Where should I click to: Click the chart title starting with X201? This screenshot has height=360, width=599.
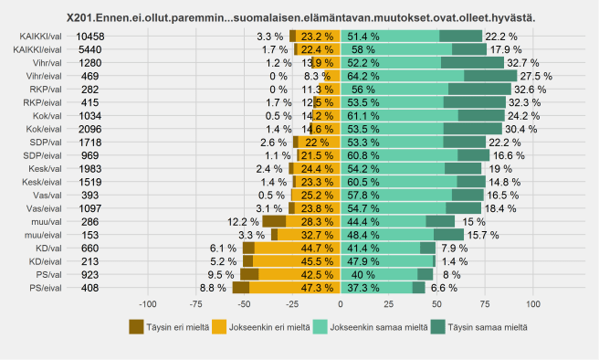[300, 17]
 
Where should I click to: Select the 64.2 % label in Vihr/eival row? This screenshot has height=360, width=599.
[368, 76]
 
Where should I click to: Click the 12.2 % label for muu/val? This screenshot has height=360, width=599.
[243, 221]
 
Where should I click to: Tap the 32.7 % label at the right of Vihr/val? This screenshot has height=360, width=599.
[523, 62]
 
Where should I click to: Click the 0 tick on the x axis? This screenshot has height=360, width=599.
[340, 303]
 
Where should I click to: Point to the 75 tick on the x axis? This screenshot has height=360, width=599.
[485, 303]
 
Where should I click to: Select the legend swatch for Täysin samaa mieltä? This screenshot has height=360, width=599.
[440, 326]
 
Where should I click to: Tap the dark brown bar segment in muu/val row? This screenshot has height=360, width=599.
[274, 221]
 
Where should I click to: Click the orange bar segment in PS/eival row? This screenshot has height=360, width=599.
[294, 287]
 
